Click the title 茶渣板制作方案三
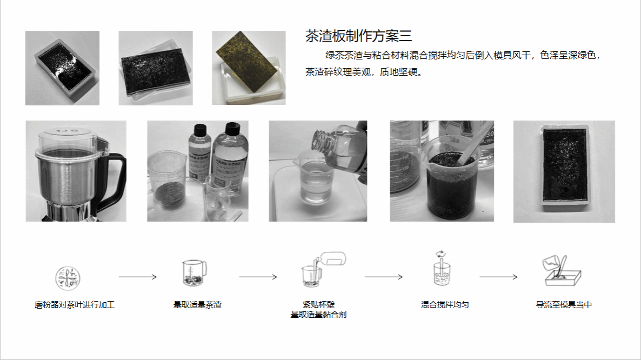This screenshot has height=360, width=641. (x=358, y=36)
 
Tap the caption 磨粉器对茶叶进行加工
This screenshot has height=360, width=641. (x=75, y=305)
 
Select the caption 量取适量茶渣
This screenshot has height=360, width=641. (x=197, y=305)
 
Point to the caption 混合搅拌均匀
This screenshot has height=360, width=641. (x=445, y=305)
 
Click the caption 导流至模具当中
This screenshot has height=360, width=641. (x=564, y=305)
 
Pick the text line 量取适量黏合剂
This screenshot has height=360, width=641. (x=318, y=315)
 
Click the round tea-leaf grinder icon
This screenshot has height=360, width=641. (x=68, y=278)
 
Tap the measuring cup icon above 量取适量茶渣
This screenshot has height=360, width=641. (x=194, y=272)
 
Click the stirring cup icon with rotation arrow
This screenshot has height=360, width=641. (x=442, y=268)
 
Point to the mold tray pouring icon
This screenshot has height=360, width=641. (x=562, y=270)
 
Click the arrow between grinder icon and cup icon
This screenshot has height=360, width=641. (x=138, y=277)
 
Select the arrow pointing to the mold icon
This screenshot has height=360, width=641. (x=499, y=277)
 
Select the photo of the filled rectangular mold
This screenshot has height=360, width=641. (x=564, y=172)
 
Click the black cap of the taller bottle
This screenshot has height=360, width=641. (x=232, y=128)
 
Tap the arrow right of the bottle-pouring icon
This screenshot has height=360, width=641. (x=384, y=277)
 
